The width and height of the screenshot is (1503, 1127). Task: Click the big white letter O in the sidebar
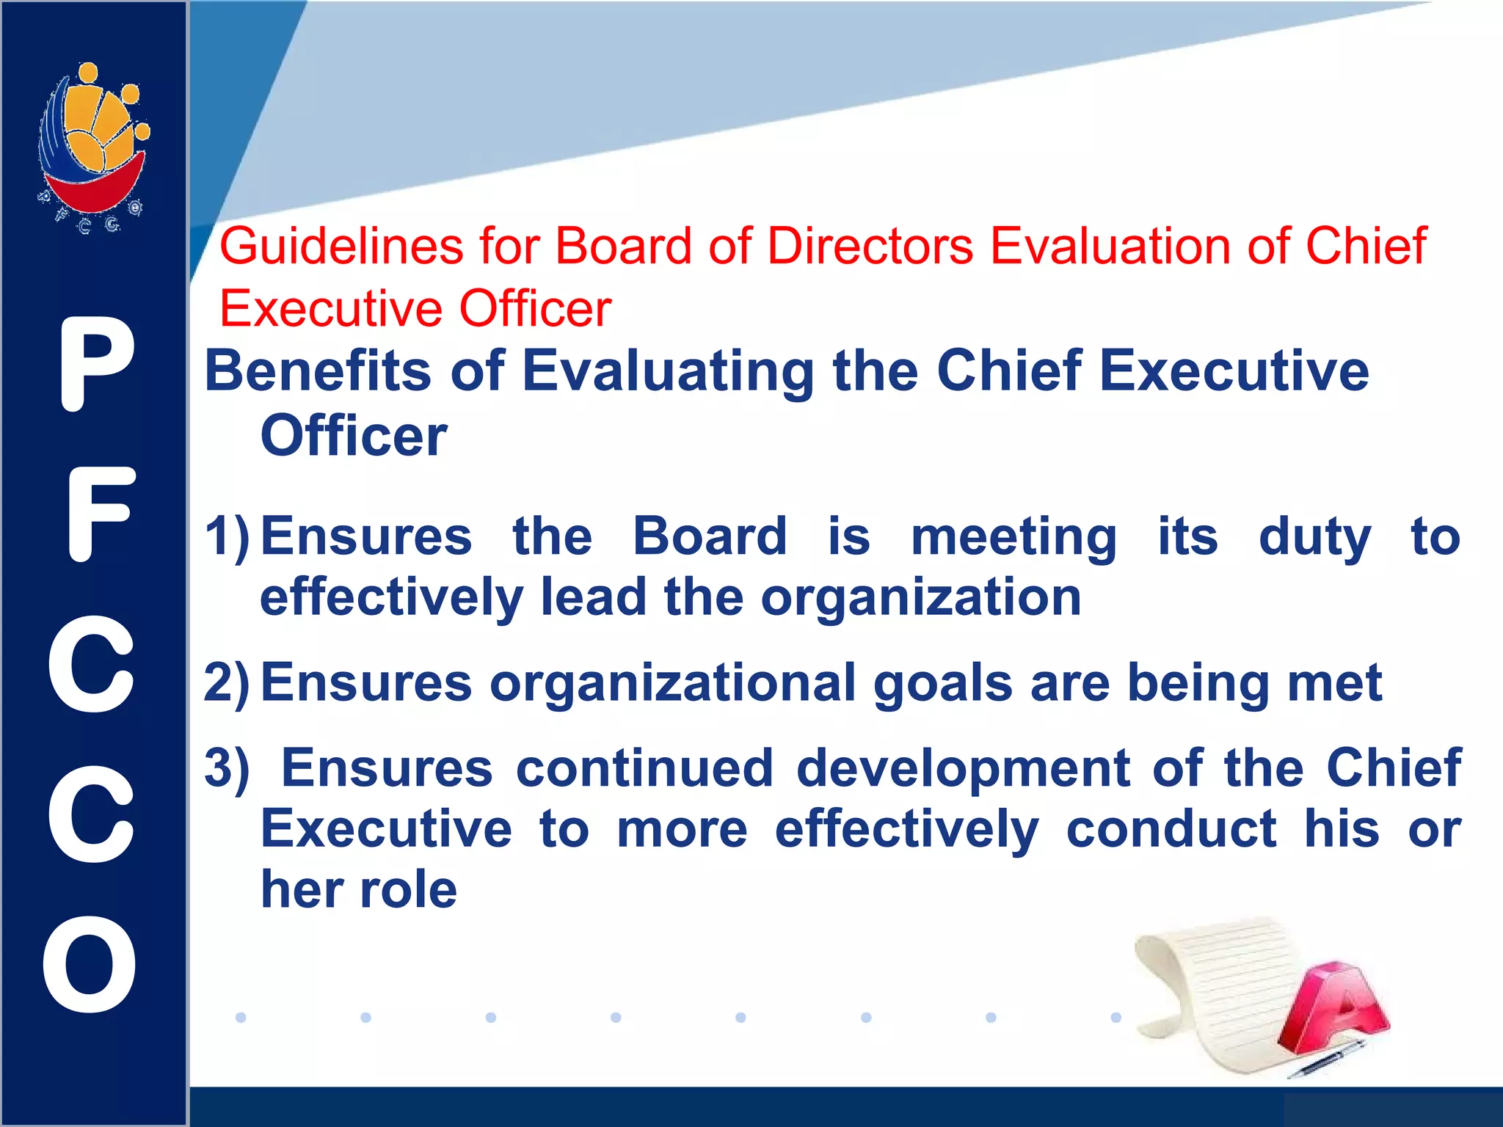(x=90, y=964)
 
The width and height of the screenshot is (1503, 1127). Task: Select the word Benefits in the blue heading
(x=318, y=371)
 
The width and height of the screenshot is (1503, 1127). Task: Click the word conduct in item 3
(x=1171, y=829)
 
